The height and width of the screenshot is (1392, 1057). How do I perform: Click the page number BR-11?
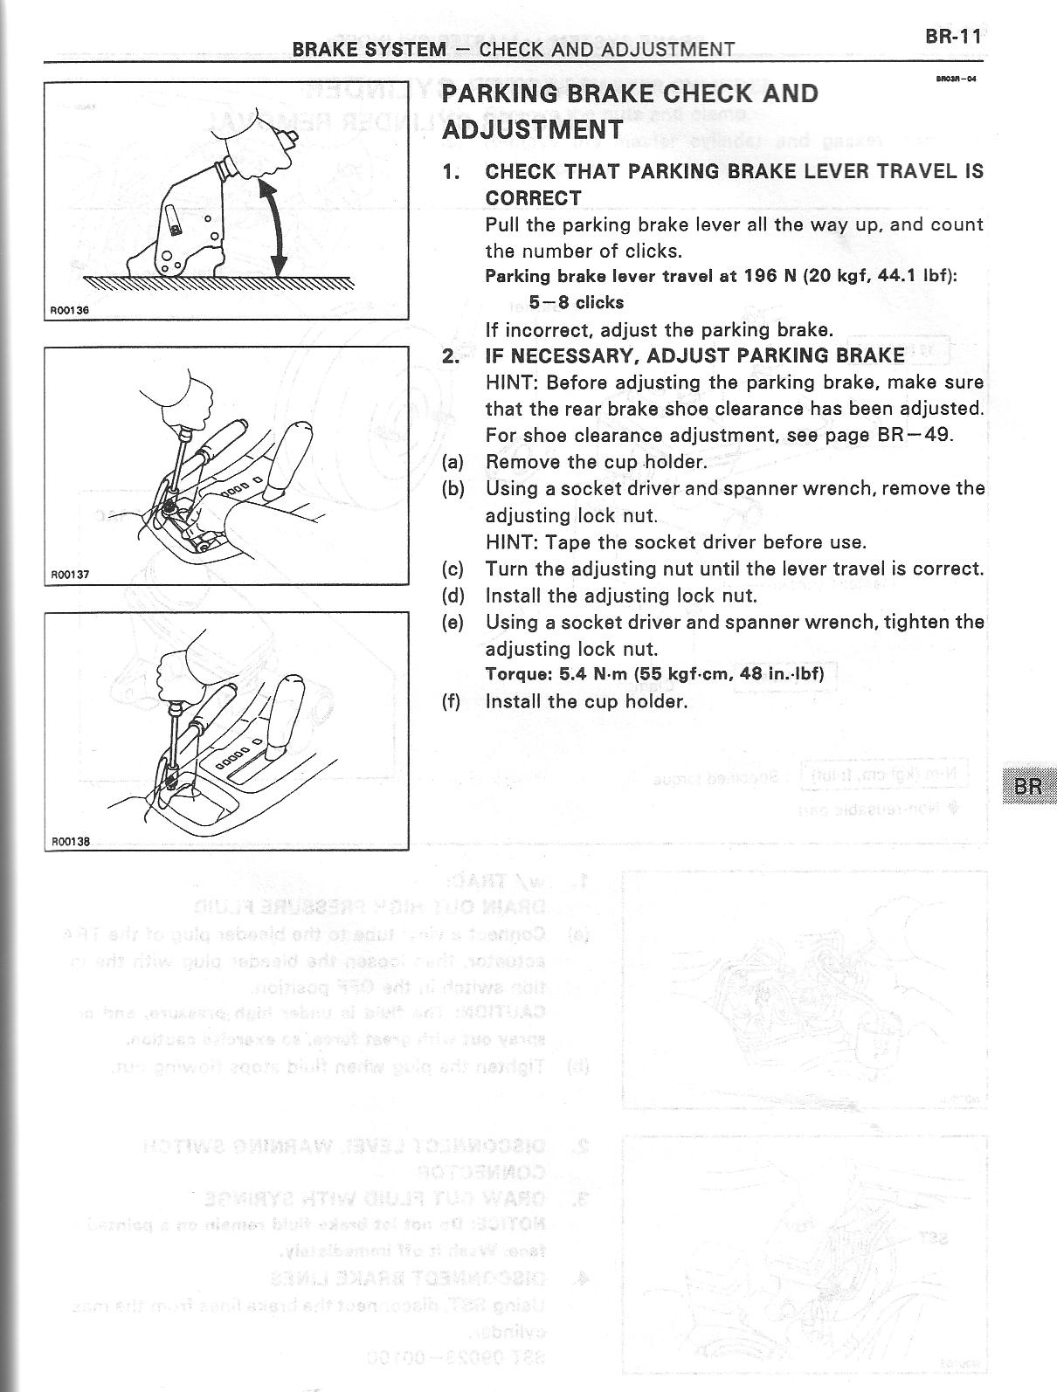952,37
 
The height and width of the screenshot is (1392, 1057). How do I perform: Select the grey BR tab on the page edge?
1029,786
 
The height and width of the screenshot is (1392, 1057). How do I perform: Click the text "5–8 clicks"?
576,303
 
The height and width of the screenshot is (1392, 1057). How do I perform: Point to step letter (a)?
453,462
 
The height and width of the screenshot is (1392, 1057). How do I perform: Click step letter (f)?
452,701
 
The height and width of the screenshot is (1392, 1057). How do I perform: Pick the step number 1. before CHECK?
451,172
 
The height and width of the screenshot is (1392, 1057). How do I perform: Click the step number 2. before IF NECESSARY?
451,355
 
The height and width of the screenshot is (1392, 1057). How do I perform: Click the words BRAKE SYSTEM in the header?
369,49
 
